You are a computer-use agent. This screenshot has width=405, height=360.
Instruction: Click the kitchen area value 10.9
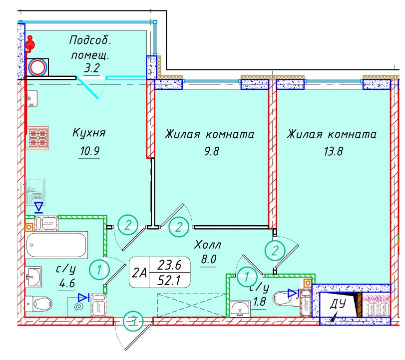tap(89, 151)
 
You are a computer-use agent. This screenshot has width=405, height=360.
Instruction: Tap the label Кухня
tap(89, 133)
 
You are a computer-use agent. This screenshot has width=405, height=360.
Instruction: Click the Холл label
tap(207, 245)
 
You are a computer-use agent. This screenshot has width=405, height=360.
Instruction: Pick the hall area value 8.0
tap(207, 260)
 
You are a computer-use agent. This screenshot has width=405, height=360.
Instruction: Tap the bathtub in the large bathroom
tap(56, 245)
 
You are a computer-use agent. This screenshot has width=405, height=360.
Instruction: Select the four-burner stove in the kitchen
tap(38, 138)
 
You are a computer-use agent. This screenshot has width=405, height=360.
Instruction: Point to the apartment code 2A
tap(140, 273)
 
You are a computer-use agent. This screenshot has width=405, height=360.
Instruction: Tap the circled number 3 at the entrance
tap(132, 321)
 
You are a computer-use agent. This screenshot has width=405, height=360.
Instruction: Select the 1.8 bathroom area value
tap(259, 302)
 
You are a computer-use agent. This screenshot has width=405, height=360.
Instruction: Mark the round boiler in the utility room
tap(37, 67)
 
